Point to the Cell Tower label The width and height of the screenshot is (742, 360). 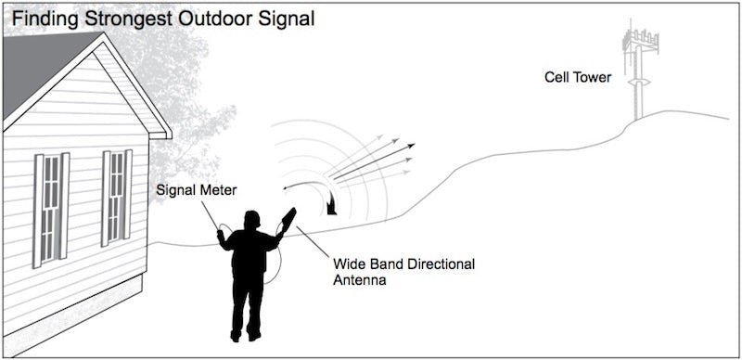[577, 78]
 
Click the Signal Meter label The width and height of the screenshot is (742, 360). [197, 191]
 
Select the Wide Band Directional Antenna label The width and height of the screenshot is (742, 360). [403, 271]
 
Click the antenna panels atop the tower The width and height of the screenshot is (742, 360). [639, 40]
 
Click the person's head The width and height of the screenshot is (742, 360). [251, 219]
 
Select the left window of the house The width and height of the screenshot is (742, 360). [51, 206]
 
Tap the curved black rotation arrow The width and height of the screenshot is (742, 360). [320, 192]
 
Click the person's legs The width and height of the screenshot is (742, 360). [248, 311]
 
